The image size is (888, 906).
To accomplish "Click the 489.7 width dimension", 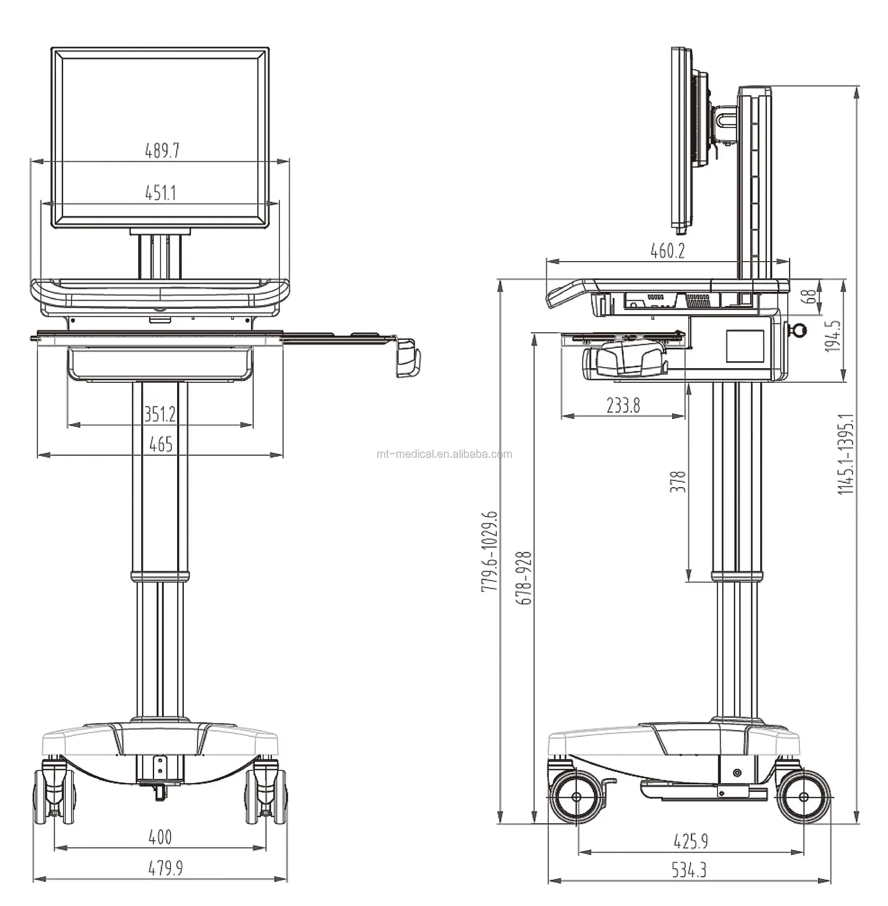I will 162,151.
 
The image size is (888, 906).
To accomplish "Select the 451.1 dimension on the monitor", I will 160,192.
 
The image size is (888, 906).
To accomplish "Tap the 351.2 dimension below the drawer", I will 160,414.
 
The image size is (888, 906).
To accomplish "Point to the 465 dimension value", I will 160,444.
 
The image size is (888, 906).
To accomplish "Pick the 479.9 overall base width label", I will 165,868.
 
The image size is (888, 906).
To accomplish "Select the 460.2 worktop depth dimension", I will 667,251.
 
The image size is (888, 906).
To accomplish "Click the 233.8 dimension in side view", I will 623,405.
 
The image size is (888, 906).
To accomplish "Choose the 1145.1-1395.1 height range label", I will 845,453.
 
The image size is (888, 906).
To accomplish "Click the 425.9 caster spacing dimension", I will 691,841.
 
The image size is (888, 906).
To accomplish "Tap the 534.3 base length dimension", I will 689,870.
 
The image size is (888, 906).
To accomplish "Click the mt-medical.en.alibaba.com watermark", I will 444,454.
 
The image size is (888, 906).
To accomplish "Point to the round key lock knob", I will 798,330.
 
